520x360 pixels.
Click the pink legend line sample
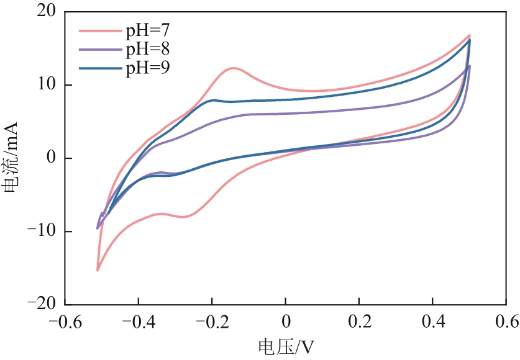coord(100,29)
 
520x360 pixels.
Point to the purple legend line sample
coord(100,48)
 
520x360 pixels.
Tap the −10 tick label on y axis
coord(39,232)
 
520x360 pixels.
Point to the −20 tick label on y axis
coord(39,305)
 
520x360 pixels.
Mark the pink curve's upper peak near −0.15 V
coord(233,68)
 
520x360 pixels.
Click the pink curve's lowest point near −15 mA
coord(98,270)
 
